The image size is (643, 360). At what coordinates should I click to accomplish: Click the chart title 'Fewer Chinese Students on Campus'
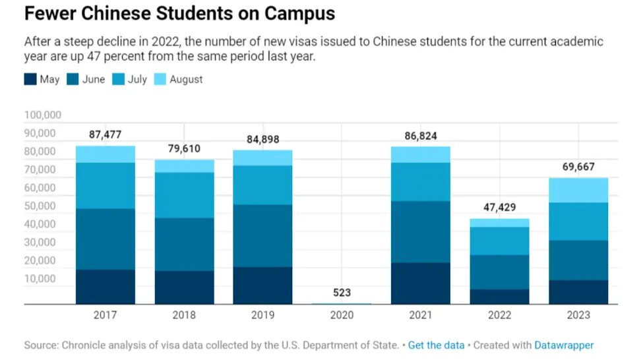pyautogui.click(x=179, y=14)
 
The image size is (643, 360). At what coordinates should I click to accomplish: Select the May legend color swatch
pyautogui.click(x=30, y=79)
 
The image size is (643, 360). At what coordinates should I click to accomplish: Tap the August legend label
pyautogui.click(x=186, y=79)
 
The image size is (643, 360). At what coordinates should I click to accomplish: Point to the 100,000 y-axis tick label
pyautogui.click(x=43, y=115)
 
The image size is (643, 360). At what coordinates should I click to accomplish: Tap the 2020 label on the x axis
pyautogui.click(x=342, y=315)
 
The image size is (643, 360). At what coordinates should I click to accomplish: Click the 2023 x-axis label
pyautogui.click(x=578, y=315)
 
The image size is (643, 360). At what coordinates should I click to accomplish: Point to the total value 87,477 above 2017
pyautogui.click(x=106, y=135)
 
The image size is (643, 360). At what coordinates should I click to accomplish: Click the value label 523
pyautogui.click(x=342, y=293)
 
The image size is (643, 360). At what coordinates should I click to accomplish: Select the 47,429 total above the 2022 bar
pyautogui.click(x=499, y=207)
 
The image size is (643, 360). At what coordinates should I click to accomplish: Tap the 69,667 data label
pyautogui.click(x=578, y=167)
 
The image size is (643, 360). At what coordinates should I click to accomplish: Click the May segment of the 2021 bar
pyautogui.click(x=421, y=284)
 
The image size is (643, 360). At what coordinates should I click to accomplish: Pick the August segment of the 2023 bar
pyautogui.click(x=578, y=190)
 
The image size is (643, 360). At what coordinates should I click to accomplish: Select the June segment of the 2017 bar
pyautogui.click(x=106, y=239)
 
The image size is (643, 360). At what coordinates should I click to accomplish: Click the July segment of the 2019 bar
pyautogui.click(x=262, y=185)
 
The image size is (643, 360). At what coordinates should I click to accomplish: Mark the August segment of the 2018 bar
pyautogui.click(x=184, y=166)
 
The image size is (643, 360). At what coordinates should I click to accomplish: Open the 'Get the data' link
pyautogui.click(x=436, y=345)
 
